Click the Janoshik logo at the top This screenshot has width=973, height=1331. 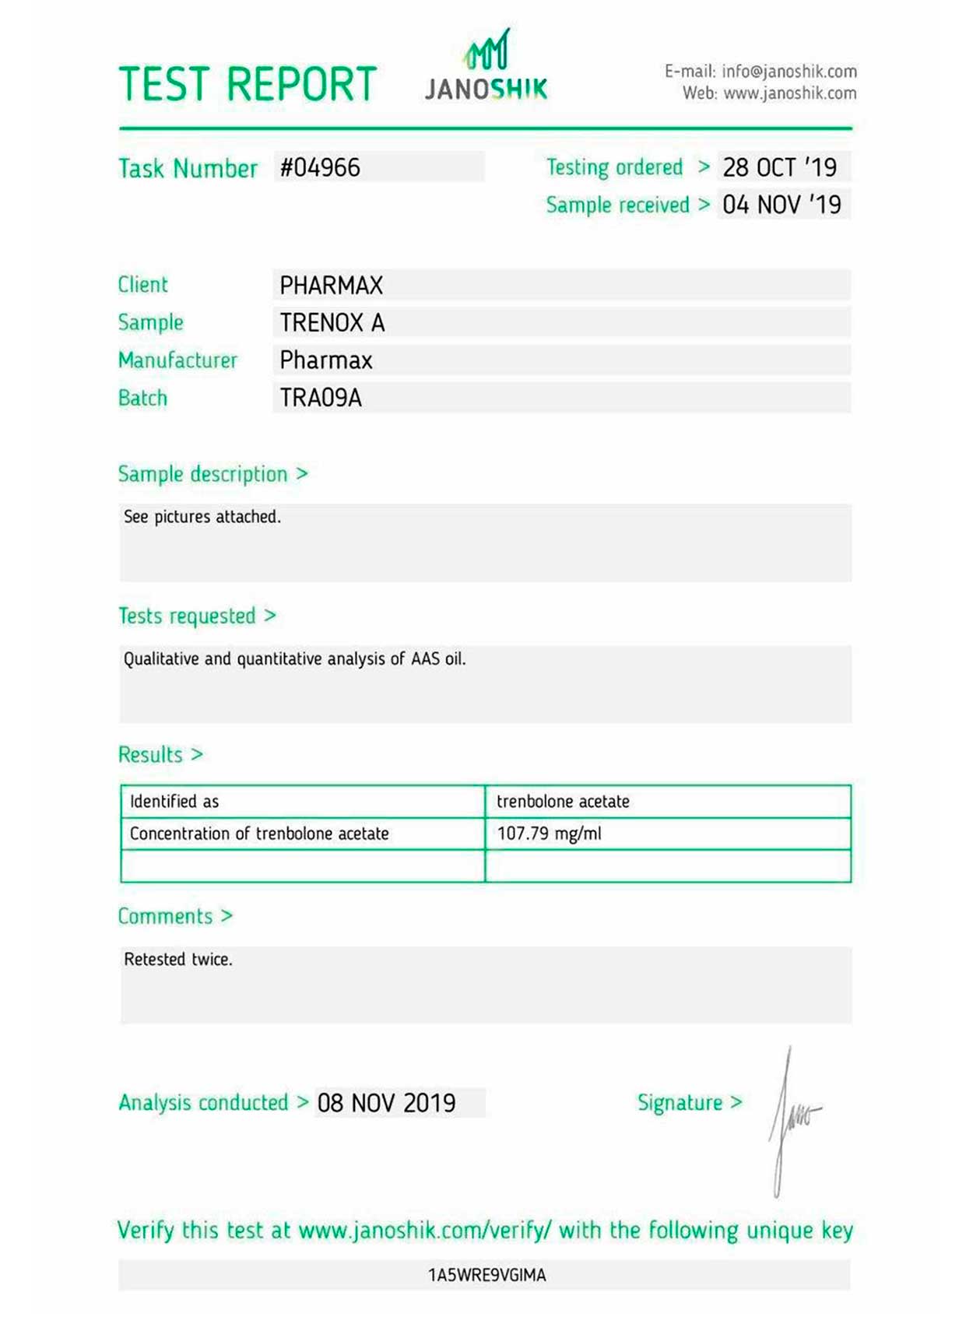coord(486,68)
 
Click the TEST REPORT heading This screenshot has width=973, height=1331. coord(248,84)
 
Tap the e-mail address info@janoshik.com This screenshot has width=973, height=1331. coord(789,72)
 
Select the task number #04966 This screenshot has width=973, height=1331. coord(320,167)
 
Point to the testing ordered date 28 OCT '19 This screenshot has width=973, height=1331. coord(779,167)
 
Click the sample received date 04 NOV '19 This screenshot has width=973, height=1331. coord(782,205)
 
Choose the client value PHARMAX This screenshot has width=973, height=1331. coord(331,286)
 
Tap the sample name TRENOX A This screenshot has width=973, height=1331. coord(332,323)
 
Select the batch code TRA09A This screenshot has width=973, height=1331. coord(321,399)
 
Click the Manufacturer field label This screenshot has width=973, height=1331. coord(177,360)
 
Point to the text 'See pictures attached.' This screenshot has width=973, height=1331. coord(202,517)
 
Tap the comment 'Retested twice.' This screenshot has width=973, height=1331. coord(178,960)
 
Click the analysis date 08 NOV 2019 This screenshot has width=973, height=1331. coord(386,1103)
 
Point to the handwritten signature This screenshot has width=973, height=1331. coord(792,1121)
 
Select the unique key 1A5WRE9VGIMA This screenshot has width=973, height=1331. coord(486,1275)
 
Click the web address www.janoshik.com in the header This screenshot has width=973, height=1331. coord(789,93)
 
